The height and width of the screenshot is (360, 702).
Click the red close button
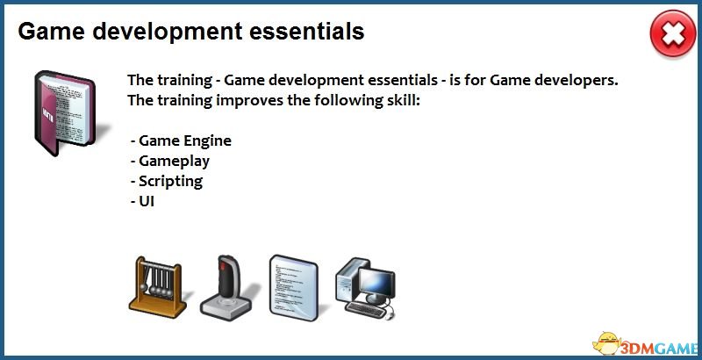pos(673,34)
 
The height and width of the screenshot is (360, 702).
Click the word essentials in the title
pos(306,32)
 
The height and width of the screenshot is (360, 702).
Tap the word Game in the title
pos(51,32)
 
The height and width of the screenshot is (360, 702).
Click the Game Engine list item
pos(181,140)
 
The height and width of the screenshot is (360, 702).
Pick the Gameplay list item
pos(170,162)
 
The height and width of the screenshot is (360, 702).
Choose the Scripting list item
pos(167,182)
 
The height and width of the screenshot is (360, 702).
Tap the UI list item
pos(142,201)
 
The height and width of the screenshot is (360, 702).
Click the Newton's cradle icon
pos(159,287)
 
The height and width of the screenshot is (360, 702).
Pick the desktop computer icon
pos(366,288)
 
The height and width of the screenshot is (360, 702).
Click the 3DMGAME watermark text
pos(659,348)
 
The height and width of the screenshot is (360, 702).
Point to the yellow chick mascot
pos(606,343)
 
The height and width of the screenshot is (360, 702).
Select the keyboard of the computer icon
pos(366,310)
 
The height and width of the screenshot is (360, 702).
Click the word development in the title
pos(166,32)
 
